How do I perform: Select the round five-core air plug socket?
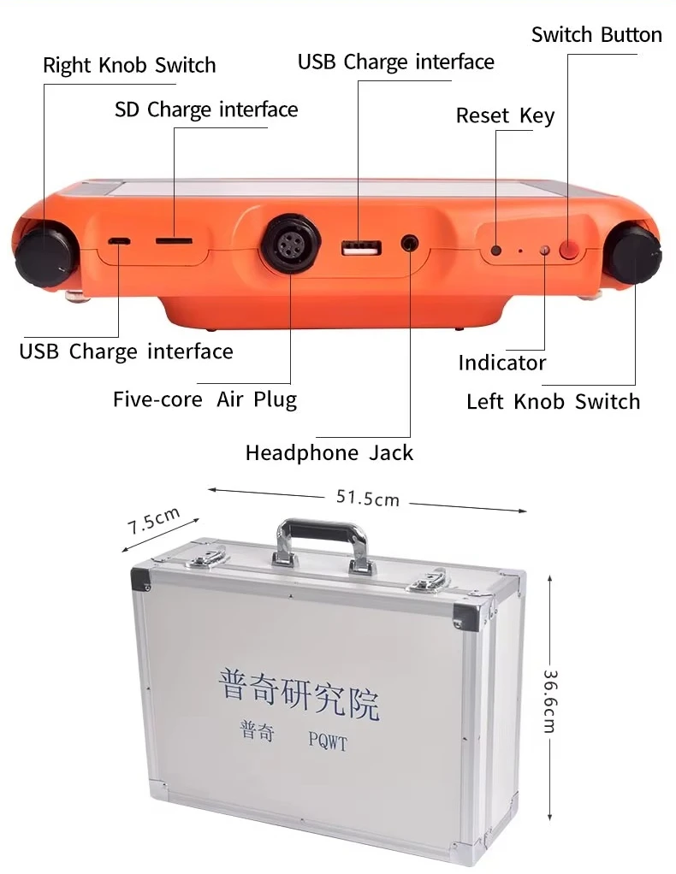click(291, 245)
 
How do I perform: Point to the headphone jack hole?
click(412, 243)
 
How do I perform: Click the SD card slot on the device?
click(174, 241)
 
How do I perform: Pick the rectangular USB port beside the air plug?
click(359, 249)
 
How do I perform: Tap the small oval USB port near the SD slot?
click(119, 241)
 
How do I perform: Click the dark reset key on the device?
click(496, 251)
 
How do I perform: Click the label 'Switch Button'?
click(596, 35)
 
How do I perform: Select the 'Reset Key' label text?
click(505, 115)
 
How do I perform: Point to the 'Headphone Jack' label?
click(329, 452)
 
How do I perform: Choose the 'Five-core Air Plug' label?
click(205, 399)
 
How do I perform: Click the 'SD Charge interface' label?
click(206, 109)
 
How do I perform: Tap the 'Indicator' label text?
click(501, 363)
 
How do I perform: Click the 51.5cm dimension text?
click(367, 498)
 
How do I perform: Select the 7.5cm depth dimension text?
click(155, 520)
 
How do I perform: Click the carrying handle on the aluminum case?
click(322, 538)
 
